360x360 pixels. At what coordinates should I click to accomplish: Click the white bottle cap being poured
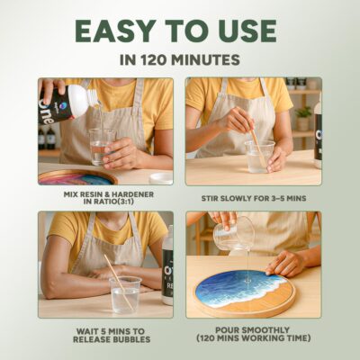(77, 101)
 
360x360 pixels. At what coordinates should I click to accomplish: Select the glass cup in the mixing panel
(102, 147)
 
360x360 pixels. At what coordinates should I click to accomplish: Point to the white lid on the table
(161, 178)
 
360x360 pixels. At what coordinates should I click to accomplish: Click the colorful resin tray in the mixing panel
(77, 177)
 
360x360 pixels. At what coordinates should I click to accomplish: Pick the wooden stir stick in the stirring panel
(258, 147)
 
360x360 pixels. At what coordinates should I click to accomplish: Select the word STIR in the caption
(210, 199)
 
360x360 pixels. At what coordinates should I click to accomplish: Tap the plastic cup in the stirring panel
(259, 157)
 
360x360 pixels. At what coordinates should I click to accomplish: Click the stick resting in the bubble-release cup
(119, 283)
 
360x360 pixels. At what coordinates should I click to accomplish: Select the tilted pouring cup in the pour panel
(234, 234)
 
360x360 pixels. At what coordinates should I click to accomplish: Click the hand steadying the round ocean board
(285, 263)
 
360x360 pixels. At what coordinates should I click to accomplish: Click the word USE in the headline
(250, 31)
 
